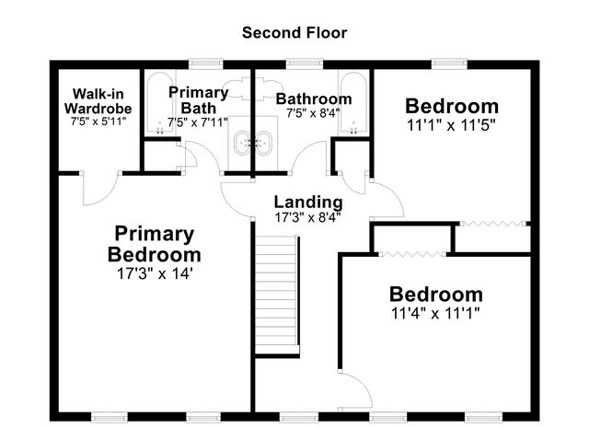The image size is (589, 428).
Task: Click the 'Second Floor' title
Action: [294, 32]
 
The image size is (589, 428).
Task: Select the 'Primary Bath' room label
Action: [198, 99]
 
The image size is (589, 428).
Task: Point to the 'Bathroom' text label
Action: [314, 98]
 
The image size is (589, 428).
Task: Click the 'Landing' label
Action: [308, 202]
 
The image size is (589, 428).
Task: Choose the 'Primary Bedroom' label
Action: [154, 244]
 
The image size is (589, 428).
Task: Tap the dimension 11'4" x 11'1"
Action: [435, 312]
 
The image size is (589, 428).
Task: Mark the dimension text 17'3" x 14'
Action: [154, 273]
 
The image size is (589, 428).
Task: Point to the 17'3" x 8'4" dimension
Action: [308, 218]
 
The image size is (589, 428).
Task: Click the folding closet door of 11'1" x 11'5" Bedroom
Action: [494, 223]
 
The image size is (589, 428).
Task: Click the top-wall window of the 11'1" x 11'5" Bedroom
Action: [446, 63]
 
